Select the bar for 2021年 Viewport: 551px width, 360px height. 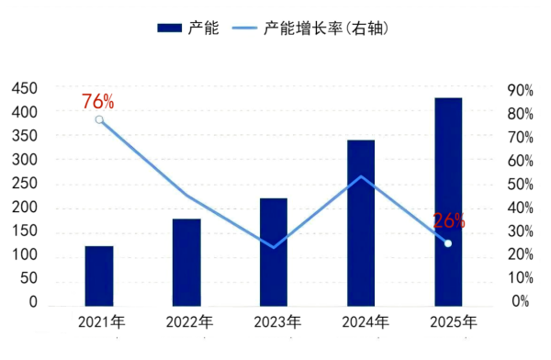99,276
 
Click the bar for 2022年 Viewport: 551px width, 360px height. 186,262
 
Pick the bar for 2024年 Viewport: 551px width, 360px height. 361,222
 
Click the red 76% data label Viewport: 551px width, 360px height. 97,101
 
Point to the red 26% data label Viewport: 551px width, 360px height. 449,220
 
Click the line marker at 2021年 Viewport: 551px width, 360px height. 99,119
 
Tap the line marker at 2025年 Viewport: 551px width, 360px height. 448,243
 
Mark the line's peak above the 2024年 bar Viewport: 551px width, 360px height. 361,176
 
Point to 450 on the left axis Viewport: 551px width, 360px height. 24,88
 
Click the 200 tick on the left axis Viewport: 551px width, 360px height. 24,207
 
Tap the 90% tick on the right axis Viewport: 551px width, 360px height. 520,90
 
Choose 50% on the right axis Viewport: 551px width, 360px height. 520,184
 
